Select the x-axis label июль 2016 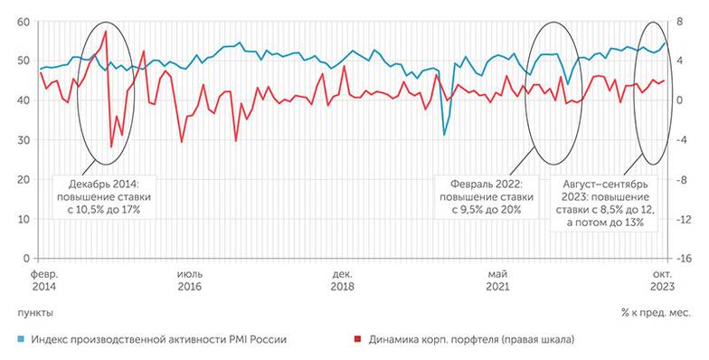(189, 279)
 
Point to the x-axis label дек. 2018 (342, 279)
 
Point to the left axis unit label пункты (35, 312)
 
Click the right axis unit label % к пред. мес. (657, 312)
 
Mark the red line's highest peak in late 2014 (106, 32)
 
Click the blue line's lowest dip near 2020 (444, 135)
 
